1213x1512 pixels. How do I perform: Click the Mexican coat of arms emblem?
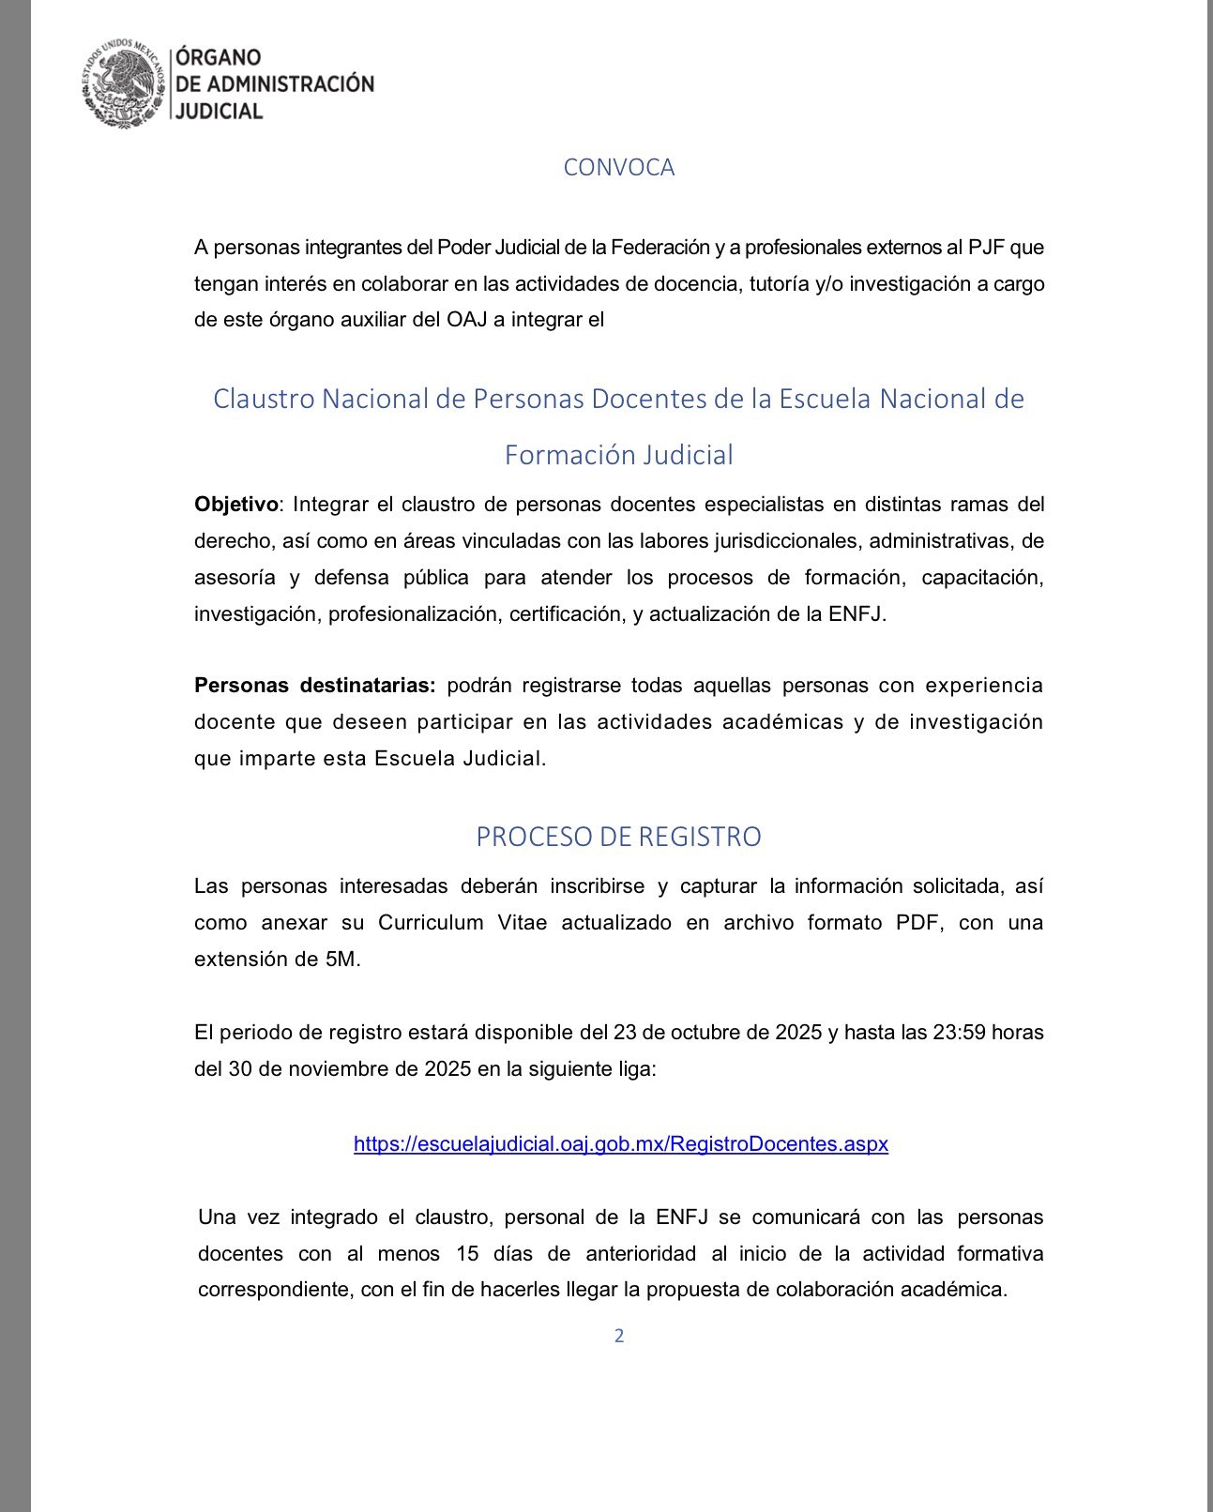125,83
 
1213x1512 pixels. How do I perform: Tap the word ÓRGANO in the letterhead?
219,57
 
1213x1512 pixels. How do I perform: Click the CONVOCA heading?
618,167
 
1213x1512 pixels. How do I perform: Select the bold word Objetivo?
235,505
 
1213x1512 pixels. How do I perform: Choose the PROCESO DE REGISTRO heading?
618,836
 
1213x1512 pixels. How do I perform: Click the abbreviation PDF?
918,923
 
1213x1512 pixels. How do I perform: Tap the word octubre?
701,1033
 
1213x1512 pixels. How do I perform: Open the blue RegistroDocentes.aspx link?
620,1144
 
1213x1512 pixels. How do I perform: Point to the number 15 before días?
467,1254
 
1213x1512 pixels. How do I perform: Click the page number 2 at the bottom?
619,1336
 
